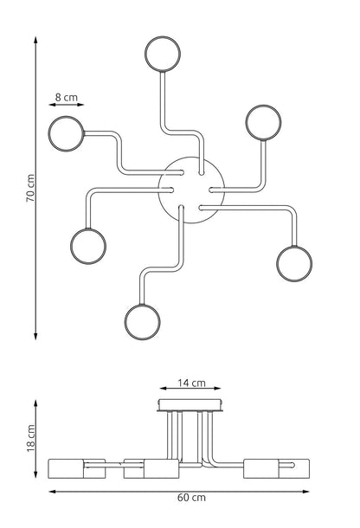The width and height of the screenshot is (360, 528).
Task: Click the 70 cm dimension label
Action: pos(30,188)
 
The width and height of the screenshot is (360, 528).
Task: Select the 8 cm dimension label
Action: pos(67,97)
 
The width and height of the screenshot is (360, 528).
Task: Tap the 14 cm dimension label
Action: pos(191,383)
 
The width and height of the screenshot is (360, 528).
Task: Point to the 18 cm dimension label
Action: pos(30,438)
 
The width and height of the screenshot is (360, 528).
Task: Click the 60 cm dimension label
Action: pos(191,498)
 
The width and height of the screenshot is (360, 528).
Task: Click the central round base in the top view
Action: pos(191,158)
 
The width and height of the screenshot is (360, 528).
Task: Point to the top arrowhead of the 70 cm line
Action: pos(35,40)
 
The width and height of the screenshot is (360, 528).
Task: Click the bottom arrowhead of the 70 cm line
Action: pos(35,336)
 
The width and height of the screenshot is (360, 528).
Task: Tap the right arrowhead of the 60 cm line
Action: pos(305,492)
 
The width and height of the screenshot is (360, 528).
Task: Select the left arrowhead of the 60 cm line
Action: pos(53,492)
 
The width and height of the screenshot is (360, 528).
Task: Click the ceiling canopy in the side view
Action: pos(190,405)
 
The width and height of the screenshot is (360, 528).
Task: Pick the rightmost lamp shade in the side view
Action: pos(276,468)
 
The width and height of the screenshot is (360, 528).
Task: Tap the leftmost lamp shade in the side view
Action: pos(77,468)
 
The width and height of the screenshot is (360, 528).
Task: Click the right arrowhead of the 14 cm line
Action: pos(217,389)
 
